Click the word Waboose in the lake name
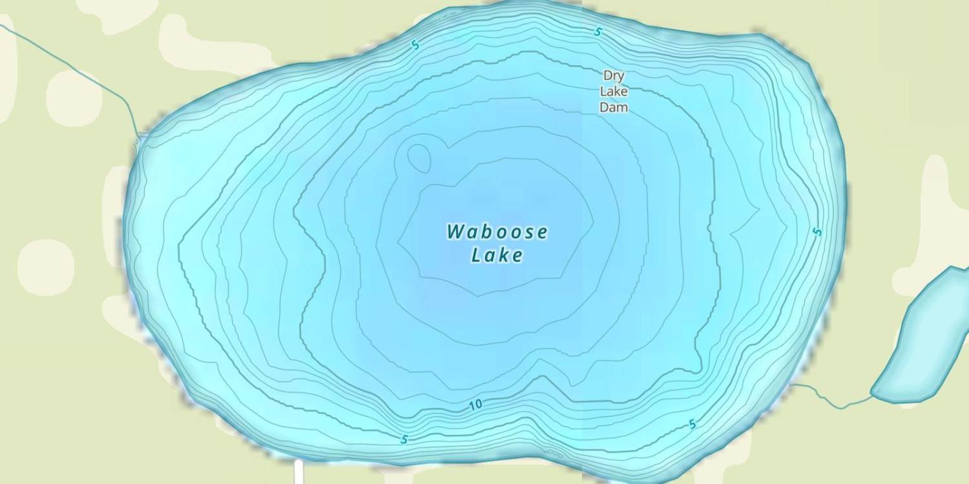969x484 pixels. point(497,232)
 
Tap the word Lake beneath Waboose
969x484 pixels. point(497,256)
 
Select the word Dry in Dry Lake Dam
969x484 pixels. point(613,76)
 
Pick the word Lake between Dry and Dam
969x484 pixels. point(613,91)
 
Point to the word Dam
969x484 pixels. point(613,107)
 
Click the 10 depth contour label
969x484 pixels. point(475,405)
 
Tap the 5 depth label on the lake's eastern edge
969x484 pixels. point(818,231)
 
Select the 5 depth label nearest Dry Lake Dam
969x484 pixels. point(598,32)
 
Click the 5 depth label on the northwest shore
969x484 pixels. point(415,46)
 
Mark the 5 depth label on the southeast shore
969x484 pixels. point(693,424)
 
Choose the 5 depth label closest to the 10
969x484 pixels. point(404,439)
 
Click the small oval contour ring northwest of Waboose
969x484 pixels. point(419,157)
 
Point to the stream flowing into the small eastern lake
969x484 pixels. point(833,400)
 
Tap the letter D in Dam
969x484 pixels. point(605,107)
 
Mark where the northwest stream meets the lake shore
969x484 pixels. point(138,137)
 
